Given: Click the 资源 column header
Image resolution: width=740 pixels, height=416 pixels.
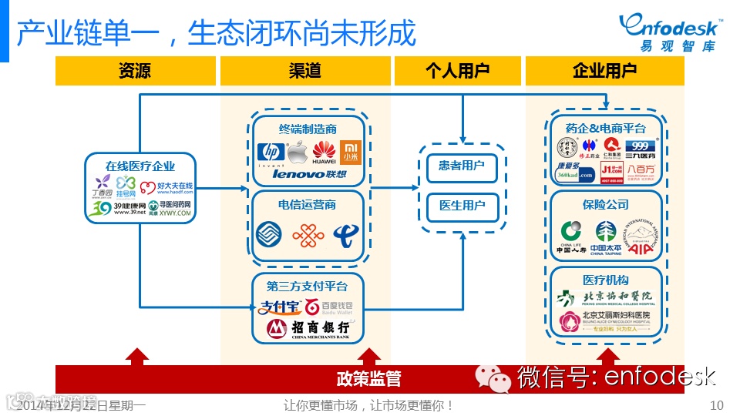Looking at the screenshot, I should pos(135,72).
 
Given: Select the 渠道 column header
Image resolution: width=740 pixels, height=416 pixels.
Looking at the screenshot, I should pos(304,72).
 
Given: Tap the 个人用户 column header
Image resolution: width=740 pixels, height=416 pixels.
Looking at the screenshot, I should pos(457,72).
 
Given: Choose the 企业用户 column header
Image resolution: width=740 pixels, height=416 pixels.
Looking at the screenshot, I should pos(604,72).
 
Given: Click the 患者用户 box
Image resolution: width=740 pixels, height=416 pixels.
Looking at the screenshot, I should pos(462,166).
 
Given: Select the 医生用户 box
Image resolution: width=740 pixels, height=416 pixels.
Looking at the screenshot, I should pos(462,206).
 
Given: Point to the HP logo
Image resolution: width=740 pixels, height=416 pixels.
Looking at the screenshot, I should pos(270,152).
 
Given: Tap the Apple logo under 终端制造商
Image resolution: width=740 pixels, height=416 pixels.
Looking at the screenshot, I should pos(296,153).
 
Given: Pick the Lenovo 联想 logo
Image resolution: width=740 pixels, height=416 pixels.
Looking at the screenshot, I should pos(309,174).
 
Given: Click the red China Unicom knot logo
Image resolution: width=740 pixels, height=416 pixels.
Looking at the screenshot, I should pos(308,234).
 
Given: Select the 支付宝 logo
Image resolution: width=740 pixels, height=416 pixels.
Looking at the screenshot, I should pos(280,307).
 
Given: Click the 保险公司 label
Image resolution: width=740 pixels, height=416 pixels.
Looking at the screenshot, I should pos(605,205).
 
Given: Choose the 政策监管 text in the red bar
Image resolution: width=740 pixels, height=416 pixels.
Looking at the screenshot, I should pos(368,378).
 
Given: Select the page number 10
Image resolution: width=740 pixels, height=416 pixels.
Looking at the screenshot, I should pos(716,405).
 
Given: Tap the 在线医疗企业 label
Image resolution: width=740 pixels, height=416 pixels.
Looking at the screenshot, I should pos(140,166).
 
